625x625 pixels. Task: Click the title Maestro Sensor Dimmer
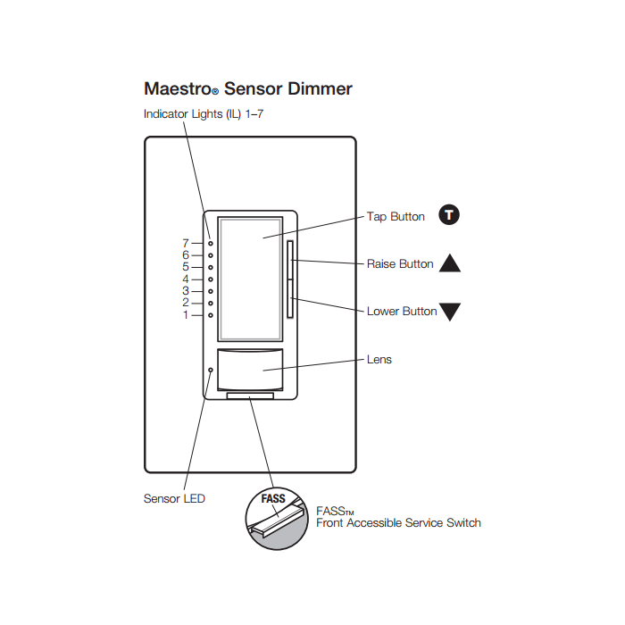click(247, 89)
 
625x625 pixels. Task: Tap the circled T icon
click(450, 215)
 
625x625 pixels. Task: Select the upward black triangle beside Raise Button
click(450, 263)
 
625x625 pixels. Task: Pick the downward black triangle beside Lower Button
click(450, 312)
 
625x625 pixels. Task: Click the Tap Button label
click(396, 217)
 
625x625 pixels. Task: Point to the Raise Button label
click(400, 264)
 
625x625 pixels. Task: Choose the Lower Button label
click(402, 312)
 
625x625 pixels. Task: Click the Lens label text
click(379, 360)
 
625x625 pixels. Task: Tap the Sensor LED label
click(174, 498)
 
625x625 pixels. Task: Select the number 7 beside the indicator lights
click(186, 243)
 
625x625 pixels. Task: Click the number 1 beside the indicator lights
click(186, 315)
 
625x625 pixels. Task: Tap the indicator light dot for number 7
click(210, 243)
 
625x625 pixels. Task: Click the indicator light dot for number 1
click(210, 315)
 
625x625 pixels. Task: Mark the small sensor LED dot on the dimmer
click(211, 370)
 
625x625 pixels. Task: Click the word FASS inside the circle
click(273, 499)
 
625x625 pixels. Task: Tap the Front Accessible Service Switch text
click(398, 523)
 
